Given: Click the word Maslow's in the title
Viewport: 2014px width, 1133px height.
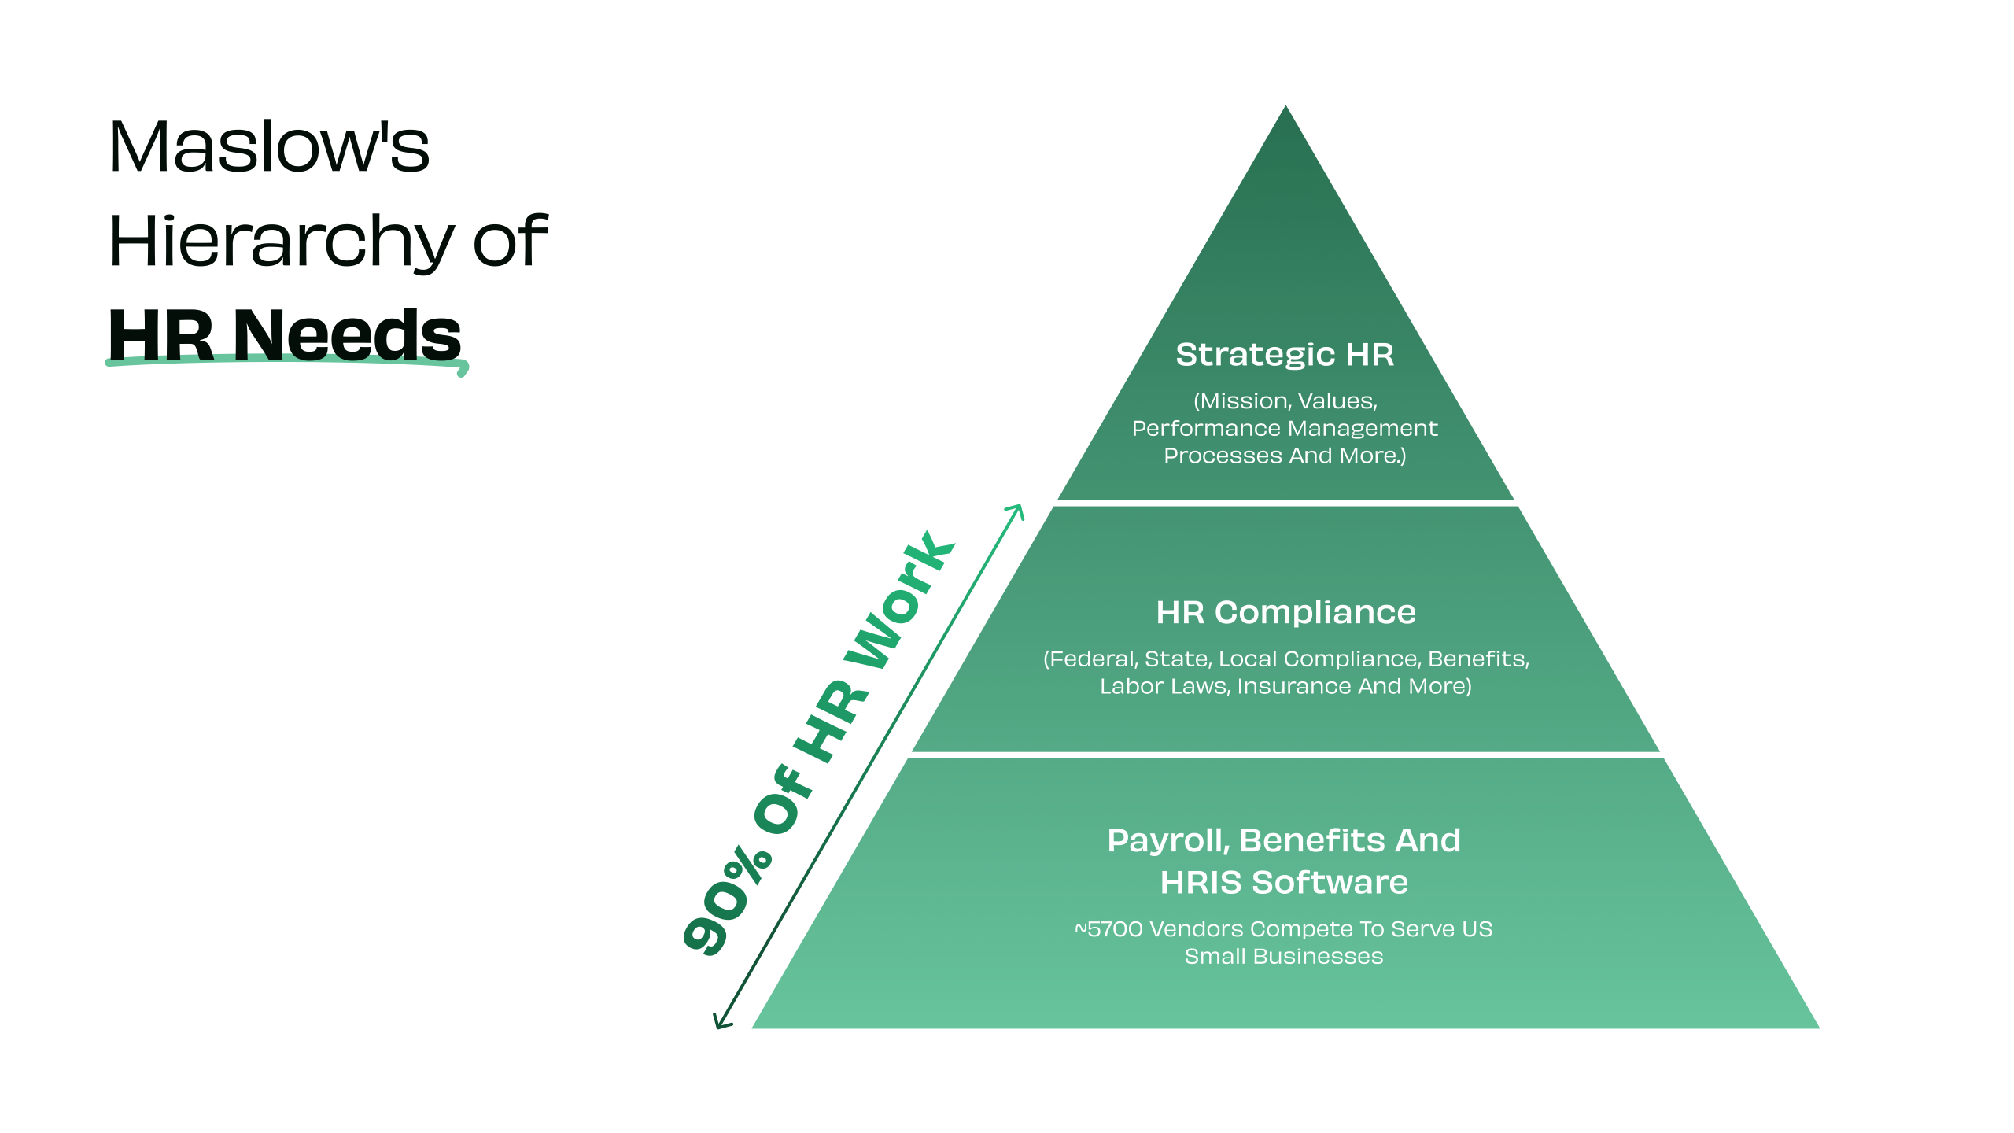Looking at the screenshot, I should click(269, 147).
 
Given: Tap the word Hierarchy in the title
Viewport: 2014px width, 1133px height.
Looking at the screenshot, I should click(280, 242).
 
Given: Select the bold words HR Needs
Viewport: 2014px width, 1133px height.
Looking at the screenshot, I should click(285, 335).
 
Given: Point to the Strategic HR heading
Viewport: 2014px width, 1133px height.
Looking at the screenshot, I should click(1285, 355).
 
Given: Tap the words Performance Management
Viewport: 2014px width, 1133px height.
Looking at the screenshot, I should click(1285, 429).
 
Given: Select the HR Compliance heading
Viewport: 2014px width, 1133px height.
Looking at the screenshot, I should click(1285, 612).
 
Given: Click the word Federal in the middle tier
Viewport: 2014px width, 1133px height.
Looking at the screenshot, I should click(1093, 659).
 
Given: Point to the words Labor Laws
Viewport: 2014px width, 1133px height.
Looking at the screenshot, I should click(1163, 687).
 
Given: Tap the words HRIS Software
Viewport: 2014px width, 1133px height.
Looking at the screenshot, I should click(1284, 883).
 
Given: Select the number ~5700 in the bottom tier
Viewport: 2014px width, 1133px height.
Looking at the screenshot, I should click(1108, 929).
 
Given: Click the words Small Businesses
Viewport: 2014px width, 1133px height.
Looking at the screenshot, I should click(1284, 957).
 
